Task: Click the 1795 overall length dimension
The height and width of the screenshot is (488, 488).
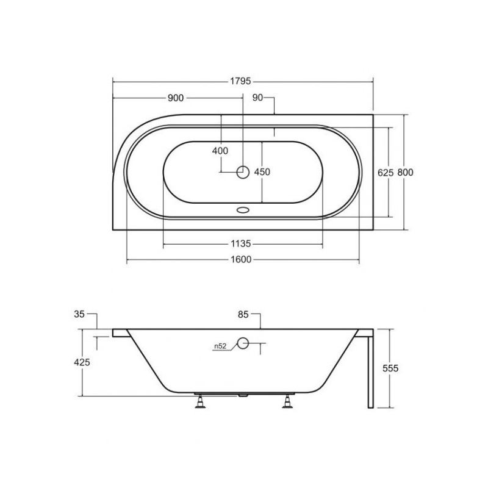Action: coord(240,81)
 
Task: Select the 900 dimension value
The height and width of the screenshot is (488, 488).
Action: coord(176,98)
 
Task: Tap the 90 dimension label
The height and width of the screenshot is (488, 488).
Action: coord(257,98)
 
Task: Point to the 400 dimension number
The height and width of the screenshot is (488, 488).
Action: coord(220,151)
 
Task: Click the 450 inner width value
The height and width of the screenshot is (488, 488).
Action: coord(262,172)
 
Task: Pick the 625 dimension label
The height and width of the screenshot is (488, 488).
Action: coord(386,173)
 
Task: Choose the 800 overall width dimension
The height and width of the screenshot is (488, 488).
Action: coord(405,173)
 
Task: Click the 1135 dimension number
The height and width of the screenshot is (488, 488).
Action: coord(241,243)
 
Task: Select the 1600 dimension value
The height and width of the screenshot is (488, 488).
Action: coord(241,259)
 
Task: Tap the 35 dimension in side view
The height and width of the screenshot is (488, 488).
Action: coord(79,314)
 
